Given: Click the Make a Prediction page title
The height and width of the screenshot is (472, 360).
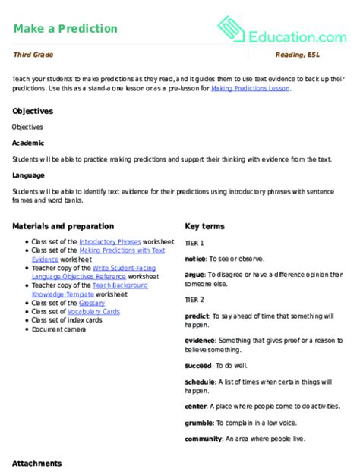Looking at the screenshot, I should [x=65, y=29].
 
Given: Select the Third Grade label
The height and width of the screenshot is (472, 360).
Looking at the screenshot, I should [x=33, y=56].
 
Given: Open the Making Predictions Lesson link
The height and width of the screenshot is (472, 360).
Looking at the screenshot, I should [x=251, y=88].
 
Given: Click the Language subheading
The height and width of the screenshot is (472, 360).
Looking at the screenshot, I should [x=30, y=175].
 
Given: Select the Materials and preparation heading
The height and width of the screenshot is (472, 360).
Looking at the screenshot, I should [x=63, y=226].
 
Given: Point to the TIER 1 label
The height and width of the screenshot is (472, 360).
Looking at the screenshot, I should [x=194, y=242].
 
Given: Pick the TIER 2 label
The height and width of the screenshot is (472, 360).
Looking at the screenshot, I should [x=194, y=297].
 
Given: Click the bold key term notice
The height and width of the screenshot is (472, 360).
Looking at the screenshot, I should [x=195, y=258].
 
